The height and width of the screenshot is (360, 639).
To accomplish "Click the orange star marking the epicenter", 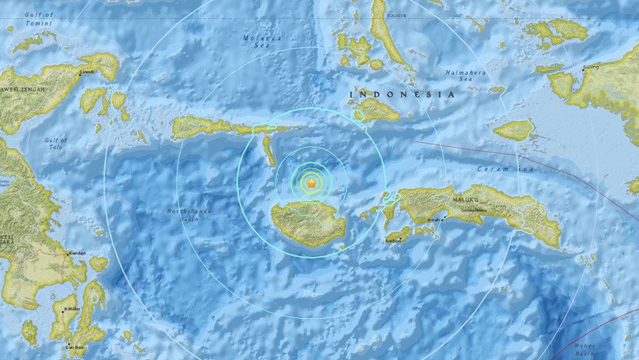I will click(x=310, y=183).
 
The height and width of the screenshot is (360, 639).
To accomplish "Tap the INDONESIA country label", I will click(x=402, y=94).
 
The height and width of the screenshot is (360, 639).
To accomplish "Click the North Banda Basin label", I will click(x=189, y=215).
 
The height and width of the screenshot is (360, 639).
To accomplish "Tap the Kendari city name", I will click(x=76, y=253).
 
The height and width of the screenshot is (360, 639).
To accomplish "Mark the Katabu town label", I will click(x=71, y=308).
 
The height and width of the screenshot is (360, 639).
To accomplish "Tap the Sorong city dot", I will click(x=585, y=67).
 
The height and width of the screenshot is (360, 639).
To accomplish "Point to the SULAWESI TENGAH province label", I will click(x=23, y=88).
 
